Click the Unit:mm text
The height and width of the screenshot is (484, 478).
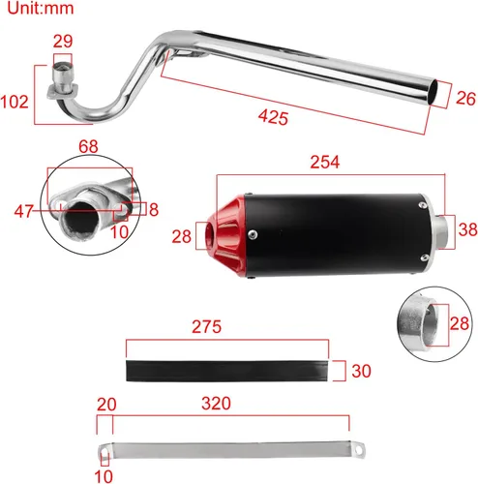(x=41, y=8)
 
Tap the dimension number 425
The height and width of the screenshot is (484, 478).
(x=273, y=116)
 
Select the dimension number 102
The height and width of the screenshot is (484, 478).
(x=15, y=102)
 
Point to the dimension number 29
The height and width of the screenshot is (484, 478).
(x=63, y=41)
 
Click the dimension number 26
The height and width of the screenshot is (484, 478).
(x=465, y=99)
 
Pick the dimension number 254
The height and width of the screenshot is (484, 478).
(x=325, y=162)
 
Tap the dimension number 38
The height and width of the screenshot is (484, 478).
(x=467, y=229)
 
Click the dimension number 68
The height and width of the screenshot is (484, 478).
(x=88, y=146)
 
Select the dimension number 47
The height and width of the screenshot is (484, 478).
(x=24, y=212)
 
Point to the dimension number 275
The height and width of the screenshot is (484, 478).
(x=206, y=326)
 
